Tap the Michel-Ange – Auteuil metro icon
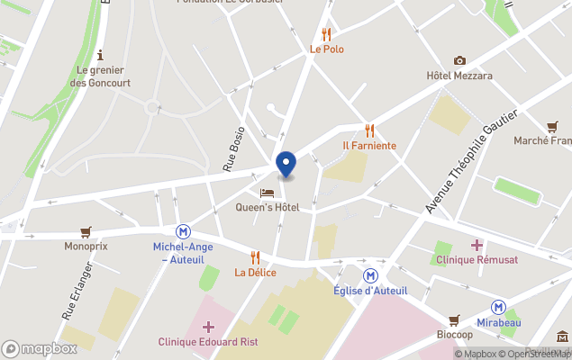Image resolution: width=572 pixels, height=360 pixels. (183, 231)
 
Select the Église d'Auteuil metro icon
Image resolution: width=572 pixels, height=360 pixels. (369, 274)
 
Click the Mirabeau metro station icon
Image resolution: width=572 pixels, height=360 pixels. (497, 307)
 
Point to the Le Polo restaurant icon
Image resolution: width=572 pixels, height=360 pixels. (326, 34)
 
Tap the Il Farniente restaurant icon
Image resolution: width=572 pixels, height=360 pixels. (369, 130)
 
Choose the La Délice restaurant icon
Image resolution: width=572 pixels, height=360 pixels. (255, 257)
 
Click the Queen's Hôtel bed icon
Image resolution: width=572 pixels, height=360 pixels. (267, 193)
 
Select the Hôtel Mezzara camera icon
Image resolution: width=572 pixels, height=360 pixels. (459, 60)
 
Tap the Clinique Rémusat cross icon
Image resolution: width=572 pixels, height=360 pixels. (477, 244)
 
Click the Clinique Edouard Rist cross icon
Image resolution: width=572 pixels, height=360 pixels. (208, 327)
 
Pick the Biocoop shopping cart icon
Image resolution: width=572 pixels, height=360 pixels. (454, 319)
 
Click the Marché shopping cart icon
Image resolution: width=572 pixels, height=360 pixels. (551, 126)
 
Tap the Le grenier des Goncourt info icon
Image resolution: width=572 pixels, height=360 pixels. (99, 54)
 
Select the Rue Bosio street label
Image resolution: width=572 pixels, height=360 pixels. (233, 148)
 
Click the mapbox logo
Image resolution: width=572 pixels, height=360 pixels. (40, 348)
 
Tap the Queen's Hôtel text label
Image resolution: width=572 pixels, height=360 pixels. (267, 208)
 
